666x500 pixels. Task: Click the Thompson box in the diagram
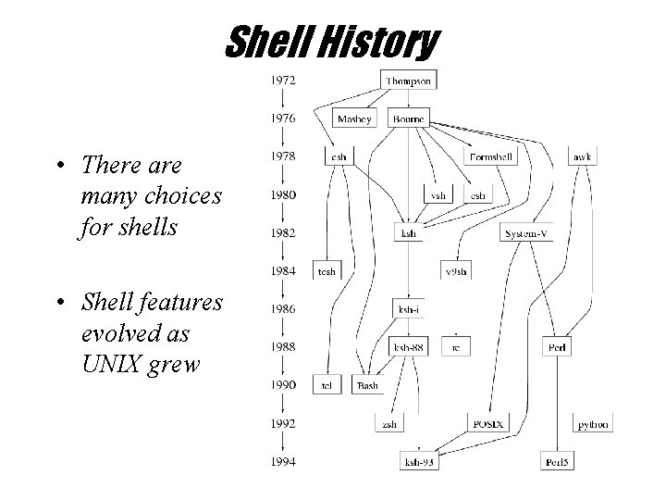408,81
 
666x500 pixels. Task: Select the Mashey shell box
353,119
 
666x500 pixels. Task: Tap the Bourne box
408,119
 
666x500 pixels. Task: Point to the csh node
339,157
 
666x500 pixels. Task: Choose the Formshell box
490,157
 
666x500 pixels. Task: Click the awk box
582,157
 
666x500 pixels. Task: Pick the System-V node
527,233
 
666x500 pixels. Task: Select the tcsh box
327,271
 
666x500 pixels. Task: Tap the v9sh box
454,271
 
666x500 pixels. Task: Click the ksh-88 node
409,347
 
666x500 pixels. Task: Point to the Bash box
367,385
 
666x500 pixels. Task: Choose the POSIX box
487,423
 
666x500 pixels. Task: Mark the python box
592,424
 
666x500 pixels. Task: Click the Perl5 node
557,461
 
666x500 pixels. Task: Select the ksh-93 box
419,461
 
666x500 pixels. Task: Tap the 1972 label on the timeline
283,81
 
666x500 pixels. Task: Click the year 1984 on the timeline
283,271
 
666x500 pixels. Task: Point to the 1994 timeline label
283,461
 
